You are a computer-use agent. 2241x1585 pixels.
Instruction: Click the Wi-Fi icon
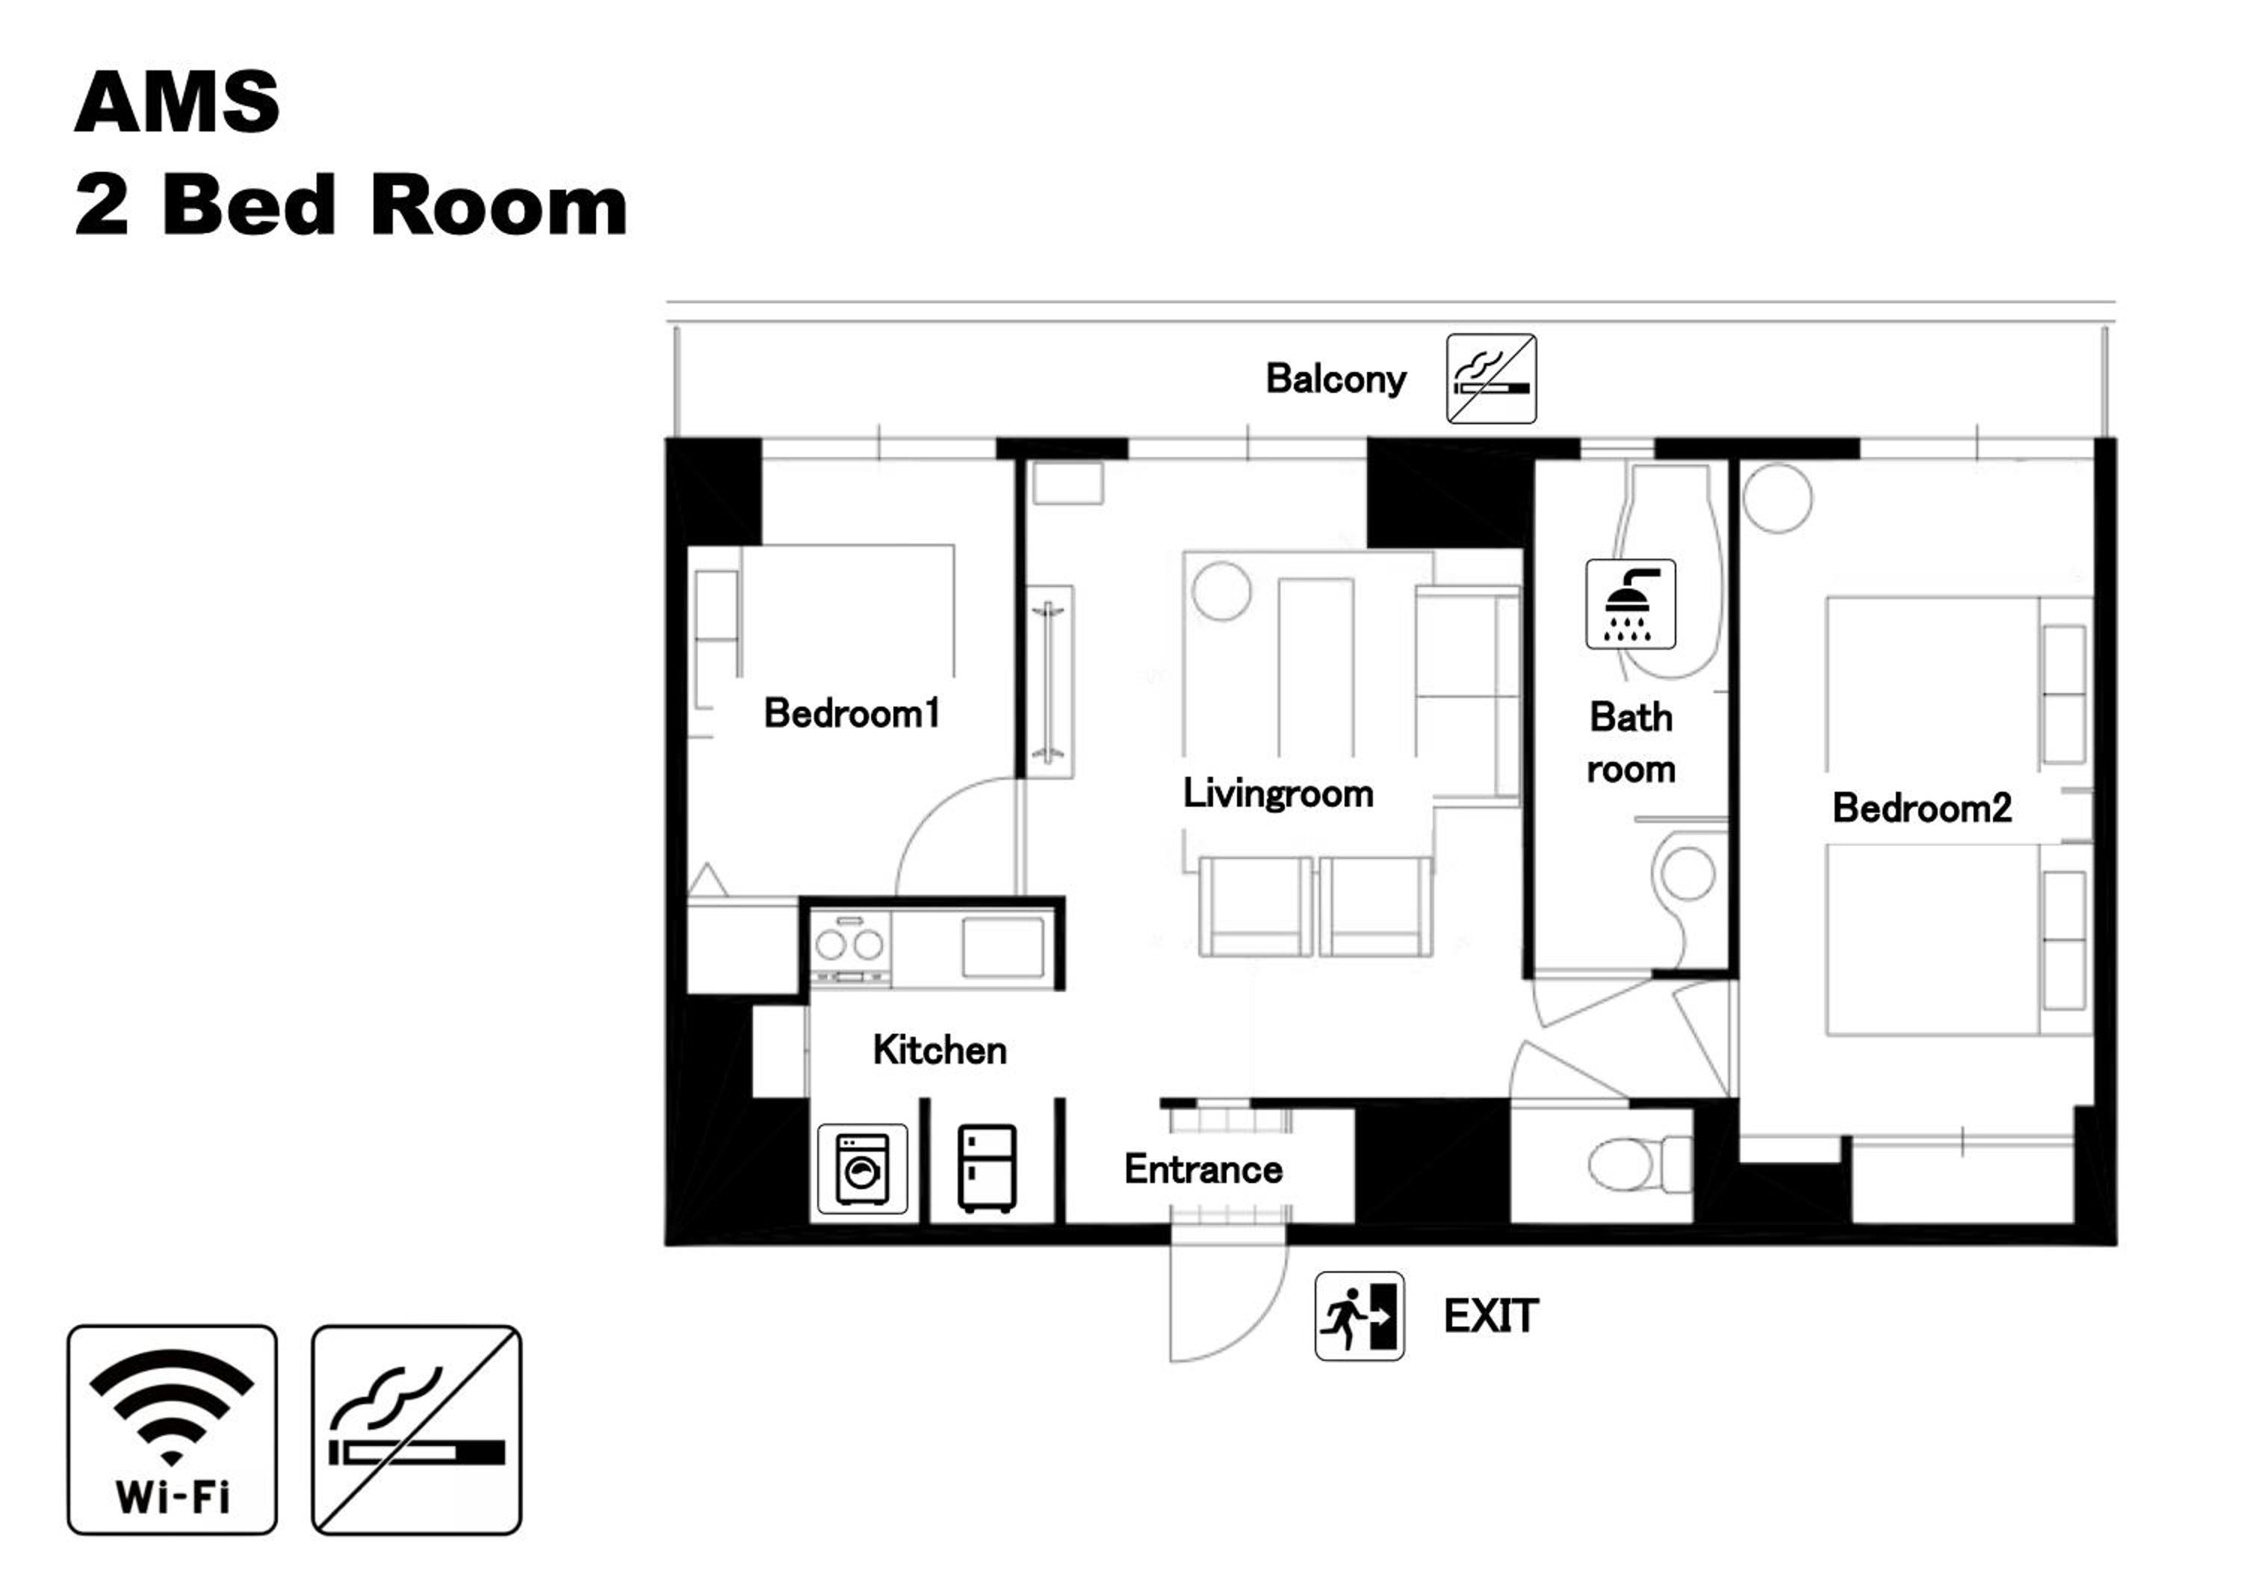click(172, 1430)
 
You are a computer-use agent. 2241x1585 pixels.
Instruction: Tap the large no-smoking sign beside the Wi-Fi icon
click(417, 1430)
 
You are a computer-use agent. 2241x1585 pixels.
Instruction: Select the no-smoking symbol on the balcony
click(1492, 379)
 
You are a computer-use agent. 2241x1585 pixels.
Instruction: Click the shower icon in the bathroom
click(1631, 604)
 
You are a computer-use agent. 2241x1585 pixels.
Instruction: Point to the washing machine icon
click(863, 1168)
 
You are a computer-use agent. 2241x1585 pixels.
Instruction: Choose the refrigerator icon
click(988, 1168)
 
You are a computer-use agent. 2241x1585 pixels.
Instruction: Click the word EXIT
click(1492, 1317)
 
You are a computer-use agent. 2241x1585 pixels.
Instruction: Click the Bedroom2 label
click(1922, 808)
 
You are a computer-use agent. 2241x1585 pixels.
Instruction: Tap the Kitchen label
click(940, 1050)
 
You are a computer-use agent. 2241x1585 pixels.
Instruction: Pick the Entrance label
click(1203, 1169)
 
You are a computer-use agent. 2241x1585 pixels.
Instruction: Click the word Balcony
click(1336, 379)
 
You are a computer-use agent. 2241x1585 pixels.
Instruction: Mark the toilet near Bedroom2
click(1640, 1164)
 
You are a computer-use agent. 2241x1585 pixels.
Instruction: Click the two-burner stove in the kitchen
click(850, 948)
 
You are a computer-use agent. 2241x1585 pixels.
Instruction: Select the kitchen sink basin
click(1002, 946)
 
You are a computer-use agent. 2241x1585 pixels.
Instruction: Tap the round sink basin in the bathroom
click(1688, 872)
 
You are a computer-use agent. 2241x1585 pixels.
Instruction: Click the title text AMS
click(178, 102)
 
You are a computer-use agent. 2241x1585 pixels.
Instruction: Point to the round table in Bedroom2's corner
click(1777, 497)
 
